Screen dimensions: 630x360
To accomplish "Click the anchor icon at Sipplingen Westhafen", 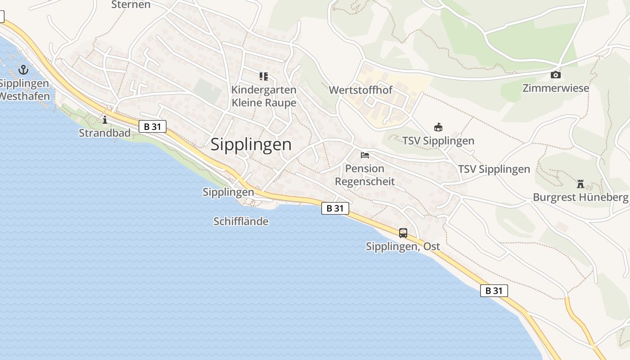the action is coord(23,70).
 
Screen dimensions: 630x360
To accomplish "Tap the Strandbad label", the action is coord(104,133).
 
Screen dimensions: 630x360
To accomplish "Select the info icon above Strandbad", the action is coord(105,120).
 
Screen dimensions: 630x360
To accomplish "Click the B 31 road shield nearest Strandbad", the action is coord(153,127).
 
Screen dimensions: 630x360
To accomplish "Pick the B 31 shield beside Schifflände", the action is coord(335,208).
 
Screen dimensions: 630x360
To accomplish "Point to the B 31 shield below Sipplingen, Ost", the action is coord(494,291).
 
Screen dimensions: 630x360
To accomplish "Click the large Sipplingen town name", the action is coord(251,144).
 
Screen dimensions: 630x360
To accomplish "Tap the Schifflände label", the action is coord(241,221).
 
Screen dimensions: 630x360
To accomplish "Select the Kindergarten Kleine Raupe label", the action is coord(264,96).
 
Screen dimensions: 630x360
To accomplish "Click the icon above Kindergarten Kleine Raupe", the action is coord(264,76).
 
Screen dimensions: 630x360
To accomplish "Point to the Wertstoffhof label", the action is coord(360,90).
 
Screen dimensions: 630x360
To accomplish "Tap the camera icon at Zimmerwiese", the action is coord(556,75).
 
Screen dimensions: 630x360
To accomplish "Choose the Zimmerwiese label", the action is coord(556,88).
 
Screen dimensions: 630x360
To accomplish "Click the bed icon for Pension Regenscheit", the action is coord(365,155).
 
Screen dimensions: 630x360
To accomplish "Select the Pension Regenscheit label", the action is coord(365,175).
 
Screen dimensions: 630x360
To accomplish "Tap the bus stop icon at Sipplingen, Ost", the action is coord(403,233).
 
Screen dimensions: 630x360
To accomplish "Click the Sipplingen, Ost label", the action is coord(403,247).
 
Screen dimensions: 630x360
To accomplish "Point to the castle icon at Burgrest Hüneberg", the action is coord(580,184).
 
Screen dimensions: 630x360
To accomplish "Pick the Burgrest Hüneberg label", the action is coord(580,197).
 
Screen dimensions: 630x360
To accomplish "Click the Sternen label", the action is coord(130,5).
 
